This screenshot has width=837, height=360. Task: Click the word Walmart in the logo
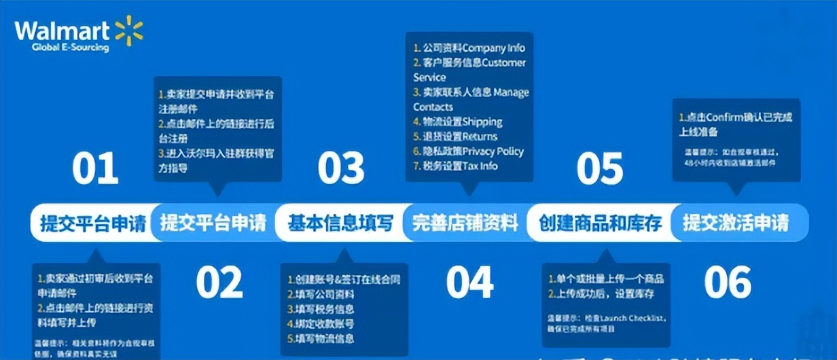tap(63, 31)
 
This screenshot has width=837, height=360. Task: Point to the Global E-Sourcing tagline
tap(70, 48)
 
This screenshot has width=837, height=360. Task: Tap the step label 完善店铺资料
tap(465, 223)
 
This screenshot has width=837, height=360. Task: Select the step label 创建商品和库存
tap(601, 223)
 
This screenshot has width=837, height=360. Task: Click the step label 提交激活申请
tap(736, 223)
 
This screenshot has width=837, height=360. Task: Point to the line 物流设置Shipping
tap(458, 122)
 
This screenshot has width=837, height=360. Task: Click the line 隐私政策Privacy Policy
tap(469, 151)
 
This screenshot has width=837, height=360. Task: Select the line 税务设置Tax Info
tap(456, 166)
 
